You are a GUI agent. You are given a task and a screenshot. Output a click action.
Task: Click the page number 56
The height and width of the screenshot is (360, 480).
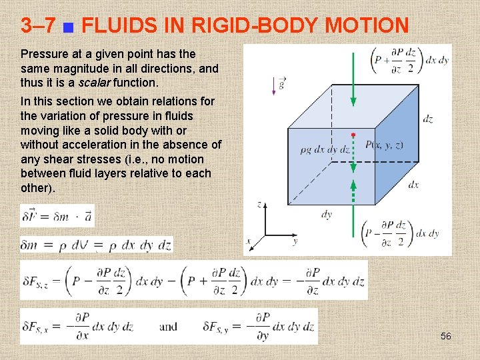(x=446, y=336)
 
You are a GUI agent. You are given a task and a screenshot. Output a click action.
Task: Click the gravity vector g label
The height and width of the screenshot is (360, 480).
(x=281, y=84)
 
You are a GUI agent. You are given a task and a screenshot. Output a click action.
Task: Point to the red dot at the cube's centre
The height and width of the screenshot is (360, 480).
(x=353, y=135)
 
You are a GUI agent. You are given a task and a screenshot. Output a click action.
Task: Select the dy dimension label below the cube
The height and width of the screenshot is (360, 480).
(x=327, y=214)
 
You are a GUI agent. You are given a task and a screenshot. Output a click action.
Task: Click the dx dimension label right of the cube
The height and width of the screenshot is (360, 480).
(x=413, y=185)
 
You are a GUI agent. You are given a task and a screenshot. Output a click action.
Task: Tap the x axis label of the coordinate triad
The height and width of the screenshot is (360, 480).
(x=249, y=241)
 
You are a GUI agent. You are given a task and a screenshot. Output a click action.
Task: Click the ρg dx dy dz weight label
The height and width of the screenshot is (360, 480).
(x=325, y=150)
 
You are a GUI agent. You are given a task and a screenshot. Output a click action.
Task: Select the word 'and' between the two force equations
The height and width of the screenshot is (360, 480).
(x=169, y=327)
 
